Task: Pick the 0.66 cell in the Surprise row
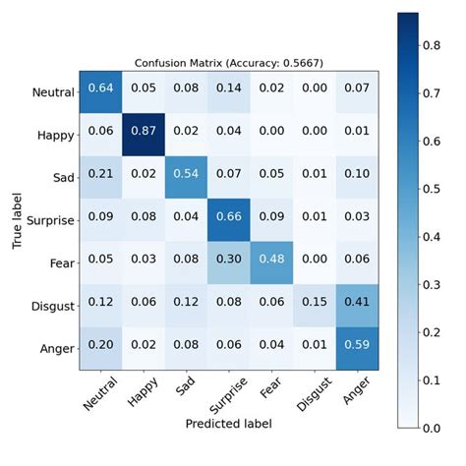pyautogui.click(x=231, y=216)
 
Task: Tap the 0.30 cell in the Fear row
pyautogui.click(x=231, y=258)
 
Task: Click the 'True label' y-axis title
pyautogui.click(x=17, y=216)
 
